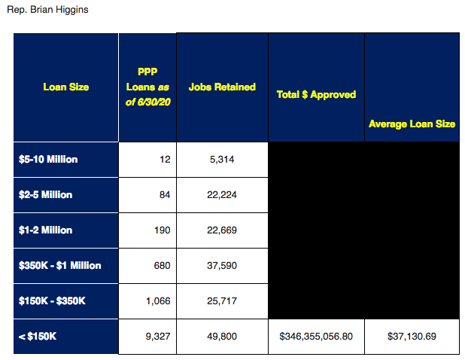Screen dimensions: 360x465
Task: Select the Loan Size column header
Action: point(65,87)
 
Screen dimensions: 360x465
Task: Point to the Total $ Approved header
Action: point(316,95)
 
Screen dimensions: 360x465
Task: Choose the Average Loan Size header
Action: point(412,124)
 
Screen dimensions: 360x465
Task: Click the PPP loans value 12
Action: point(166,160)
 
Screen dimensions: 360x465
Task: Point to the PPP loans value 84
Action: point(166,195)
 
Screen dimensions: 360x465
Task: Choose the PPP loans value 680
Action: point(163,265)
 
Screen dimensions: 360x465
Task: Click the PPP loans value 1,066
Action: point(158,301)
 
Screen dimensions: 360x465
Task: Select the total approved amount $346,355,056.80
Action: point(316,336)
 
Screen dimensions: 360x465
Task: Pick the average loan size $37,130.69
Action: point(412,336)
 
